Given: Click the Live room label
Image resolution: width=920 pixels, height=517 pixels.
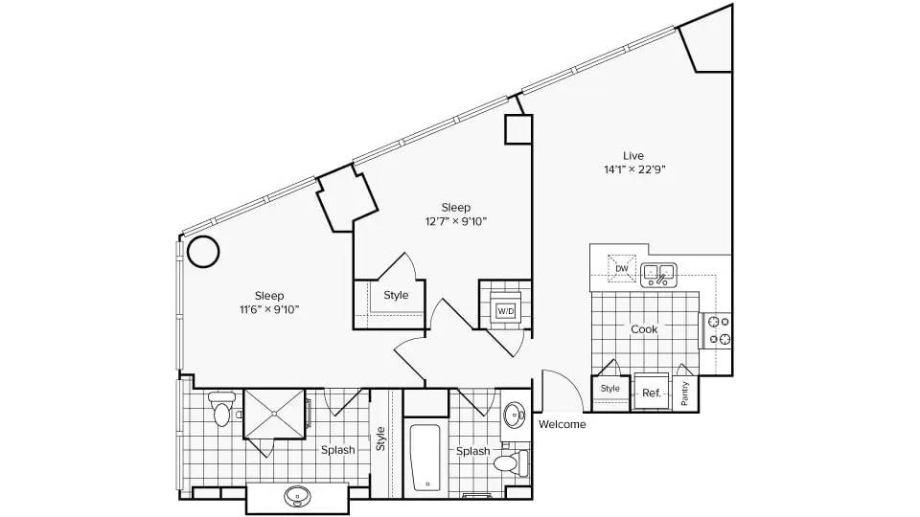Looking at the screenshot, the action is [633, 156].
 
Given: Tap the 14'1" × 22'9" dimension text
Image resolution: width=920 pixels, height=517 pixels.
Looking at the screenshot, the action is [634, 170].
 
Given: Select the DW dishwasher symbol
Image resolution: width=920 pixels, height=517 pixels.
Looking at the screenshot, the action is [621, 268].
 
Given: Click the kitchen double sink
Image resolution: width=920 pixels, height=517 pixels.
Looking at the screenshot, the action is [658, 275].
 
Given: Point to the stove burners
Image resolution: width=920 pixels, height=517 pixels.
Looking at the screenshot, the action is [720, 330].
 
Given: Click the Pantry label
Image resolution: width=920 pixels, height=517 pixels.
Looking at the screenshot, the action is [684, 393].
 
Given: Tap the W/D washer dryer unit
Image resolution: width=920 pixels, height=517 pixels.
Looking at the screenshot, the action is [505, 310].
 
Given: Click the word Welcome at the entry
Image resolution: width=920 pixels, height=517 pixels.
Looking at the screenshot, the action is [563, 424].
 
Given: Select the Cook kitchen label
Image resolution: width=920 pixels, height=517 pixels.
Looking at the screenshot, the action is [644, 329].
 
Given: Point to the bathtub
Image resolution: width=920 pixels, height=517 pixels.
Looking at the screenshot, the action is [425, 457].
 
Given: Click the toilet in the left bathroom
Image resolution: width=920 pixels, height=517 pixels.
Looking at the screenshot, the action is [221, 409].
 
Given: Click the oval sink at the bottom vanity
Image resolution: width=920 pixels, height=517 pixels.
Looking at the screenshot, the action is [297, 497].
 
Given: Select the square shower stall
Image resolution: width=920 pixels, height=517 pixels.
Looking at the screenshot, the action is [275, 414].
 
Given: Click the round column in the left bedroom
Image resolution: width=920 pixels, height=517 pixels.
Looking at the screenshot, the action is [203, 252].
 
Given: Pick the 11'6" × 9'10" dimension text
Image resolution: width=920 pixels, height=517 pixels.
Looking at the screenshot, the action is [269, 310].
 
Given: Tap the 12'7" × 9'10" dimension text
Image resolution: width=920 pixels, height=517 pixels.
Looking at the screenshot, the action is [456, 221].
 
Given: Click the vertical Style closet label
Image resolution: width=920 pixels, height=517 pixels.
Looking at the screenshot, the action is [380, 438].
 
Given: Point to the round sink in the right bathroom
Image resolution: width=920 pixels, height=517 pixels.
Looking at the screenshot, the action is [514, 416].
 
